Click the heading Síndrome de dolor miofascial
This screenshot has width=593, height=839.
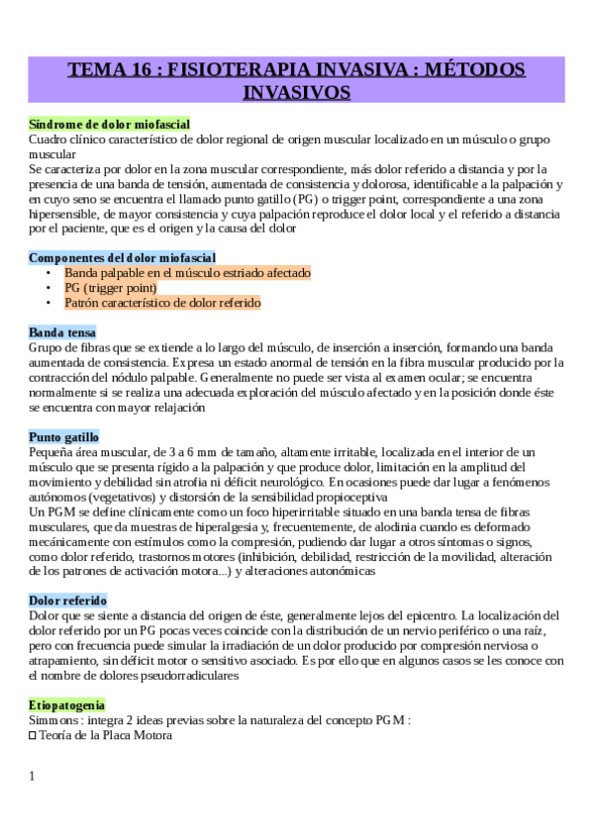tap(109, 125)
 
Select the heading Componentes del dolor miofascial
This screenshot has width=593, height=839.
tap(122, 257)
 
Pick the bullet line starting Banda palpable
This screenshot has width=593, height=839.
tap(187, 272)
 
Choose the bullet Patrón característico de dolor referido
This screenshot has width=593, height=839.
tap(162, 303)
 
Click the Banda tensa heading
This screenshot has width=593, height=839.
tap(62, 332)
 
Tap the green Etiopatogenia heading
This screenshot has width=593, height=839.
tap(66, 705)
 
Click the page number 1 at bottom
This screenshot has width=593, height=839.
tap(33, 776)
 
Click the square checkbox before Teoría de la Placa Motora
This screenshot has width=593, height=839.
tap(33, 736)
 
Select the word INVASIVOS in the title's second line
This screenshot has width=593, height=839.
tap(297, 93)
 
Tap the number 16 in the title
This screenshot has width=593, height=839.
tap(136, 71)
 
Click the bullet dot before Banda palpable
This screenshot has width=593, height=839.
tap(49, 273)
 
